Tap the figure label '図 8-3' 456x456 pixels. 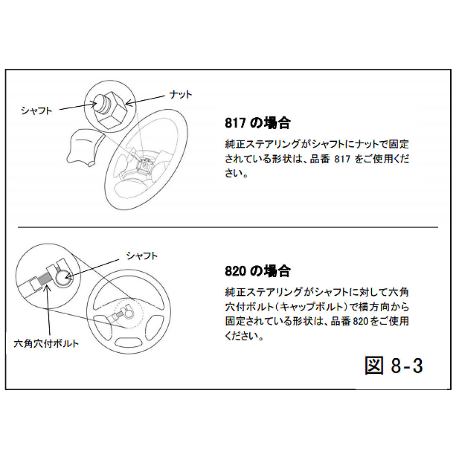394,366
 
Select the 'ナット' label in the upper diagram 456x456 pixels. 181,94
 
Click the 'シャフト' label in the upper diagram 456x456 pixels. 37,111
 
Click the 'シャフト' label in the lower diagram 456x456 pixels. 142,256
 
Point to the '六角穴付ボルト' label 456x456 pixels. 46,343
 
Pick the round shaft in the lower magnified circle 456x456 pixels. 62,278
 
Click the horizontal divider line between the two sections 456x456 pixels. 228,227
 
